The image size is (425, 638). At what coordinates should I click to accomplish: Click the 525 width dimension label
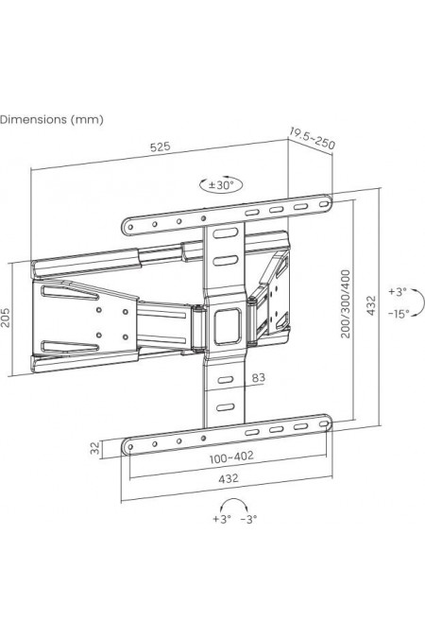point(161,147)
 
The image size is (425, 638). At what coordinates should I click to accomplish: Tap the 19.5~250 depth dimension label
point(313,138)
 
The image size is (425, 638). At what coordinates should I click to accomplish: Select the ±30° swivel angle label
point(221,185)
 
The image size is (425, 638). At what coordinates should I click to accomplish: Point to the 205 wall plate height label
point(6,318)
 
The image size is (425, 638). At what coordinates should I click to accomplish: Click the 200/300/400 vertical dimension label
point(346,303)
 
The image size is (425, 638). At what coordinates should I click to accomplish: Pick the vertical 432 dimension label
point(371,305)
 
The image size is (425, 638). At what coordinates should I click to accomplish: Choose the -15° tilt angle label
point(399,314)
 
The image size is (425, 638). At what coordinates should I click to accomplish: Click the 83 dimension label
point(258,378)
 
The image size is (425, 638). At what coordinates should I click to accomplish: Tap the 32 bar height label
point(94,448)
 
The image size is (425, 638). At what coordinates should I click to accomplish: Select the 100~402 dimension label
point(231,457)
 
